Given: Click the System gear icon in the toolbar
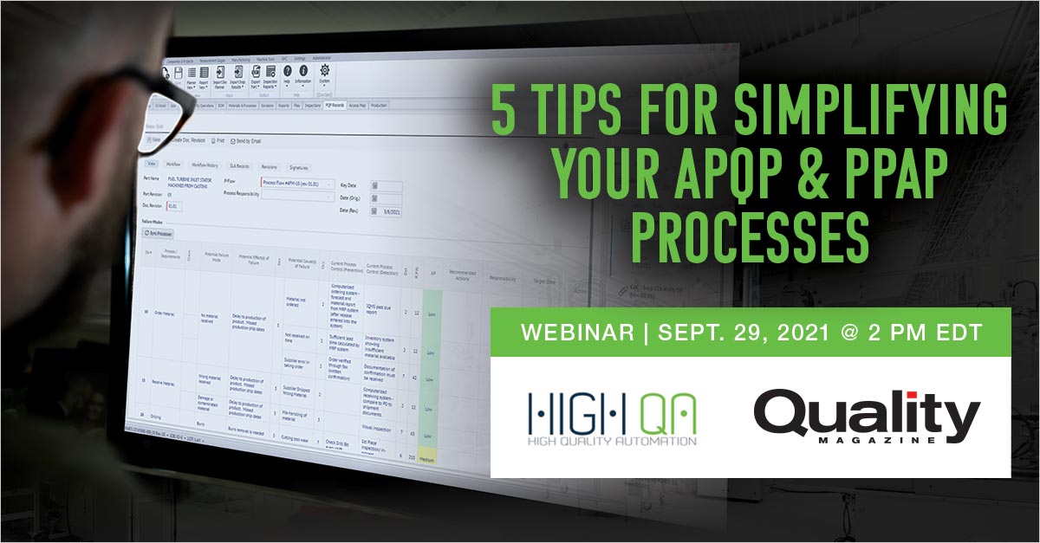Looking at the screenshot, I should click(x=325, y=72).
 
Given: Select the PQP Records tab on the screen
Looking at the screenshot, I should click(x=335, y=105).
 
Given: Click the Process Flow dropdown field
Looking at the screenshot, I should click(x=296, y=184).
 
